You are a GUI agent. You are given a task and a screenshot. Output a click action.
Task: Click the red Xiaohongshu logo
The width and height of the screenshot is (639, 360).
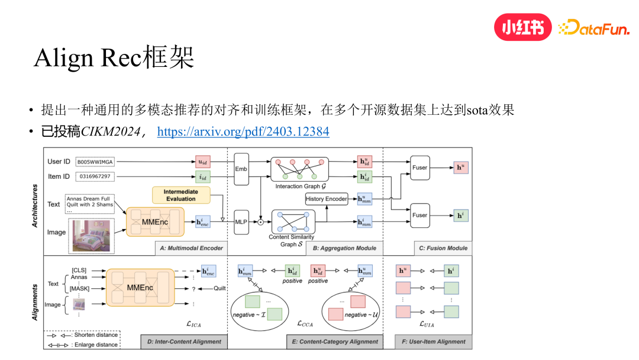[x=522, y=27]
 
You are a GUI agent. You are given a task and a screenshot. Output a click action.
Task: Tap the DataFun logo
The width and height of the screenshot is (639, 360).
[x=593, y=28]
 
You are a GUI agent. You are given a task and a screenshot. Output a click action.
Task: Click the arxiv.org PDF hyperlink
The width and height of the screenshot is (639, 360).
[x=243, y=131]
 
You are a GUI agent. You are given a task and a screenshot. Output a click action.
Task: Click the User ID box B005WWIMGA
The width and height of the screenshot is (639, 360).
[x=95, y=162]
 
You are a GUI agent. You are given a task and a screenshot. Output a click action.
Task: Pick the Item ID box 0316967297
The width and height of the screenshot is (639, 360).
[x=95, y=176]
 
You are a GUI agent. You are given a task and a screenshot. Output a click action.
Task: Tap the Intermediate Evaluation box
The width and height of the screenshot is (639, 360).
[x=180, y=195]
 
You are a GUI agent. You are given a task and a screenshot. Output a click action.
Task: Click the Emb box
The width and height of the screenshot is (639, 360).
[x=241, y=169]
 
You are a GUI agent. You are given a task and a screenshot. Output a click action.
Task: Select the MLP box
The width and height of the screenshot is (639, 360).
[x=241, y=222]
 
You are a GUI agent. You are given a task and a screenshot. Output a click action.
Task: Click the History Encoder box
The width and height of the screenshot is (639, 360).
[x=326, y=199]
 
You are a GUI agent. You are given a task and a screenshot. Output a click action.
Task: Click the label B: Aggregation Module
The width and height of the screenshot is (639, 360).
[x=344, y=248]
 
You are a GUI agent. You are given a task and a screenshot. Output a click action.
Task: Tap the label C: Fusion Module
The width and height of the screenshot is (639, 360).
[x=443, y=248]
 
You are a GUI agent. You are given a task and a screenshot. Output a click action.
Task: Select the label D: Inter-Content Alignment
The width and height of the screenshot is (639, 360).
[x=184, y=342]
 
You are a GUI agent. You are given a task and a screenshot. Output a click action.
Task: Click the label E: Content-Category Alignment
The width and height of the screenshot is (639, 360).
[x=334, y=342]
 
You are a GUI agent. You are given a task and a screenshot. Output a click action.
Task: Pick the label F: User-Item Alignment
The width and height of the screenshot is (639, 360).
[x=437, y=342]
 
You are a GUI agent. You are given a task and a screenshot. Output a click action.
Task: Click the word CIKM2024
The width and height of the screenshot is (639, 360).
[x=109, y=131]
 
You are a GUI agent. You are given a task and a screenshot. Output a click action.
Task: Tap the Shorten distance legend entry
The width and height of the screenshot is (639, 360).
[x=81, y=335]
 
